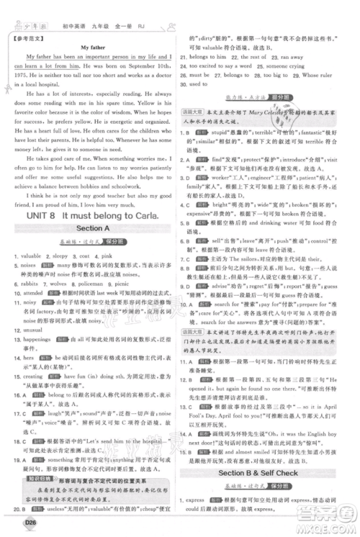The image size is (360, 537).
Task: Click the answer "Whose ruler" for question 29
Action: pos(310,74)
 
